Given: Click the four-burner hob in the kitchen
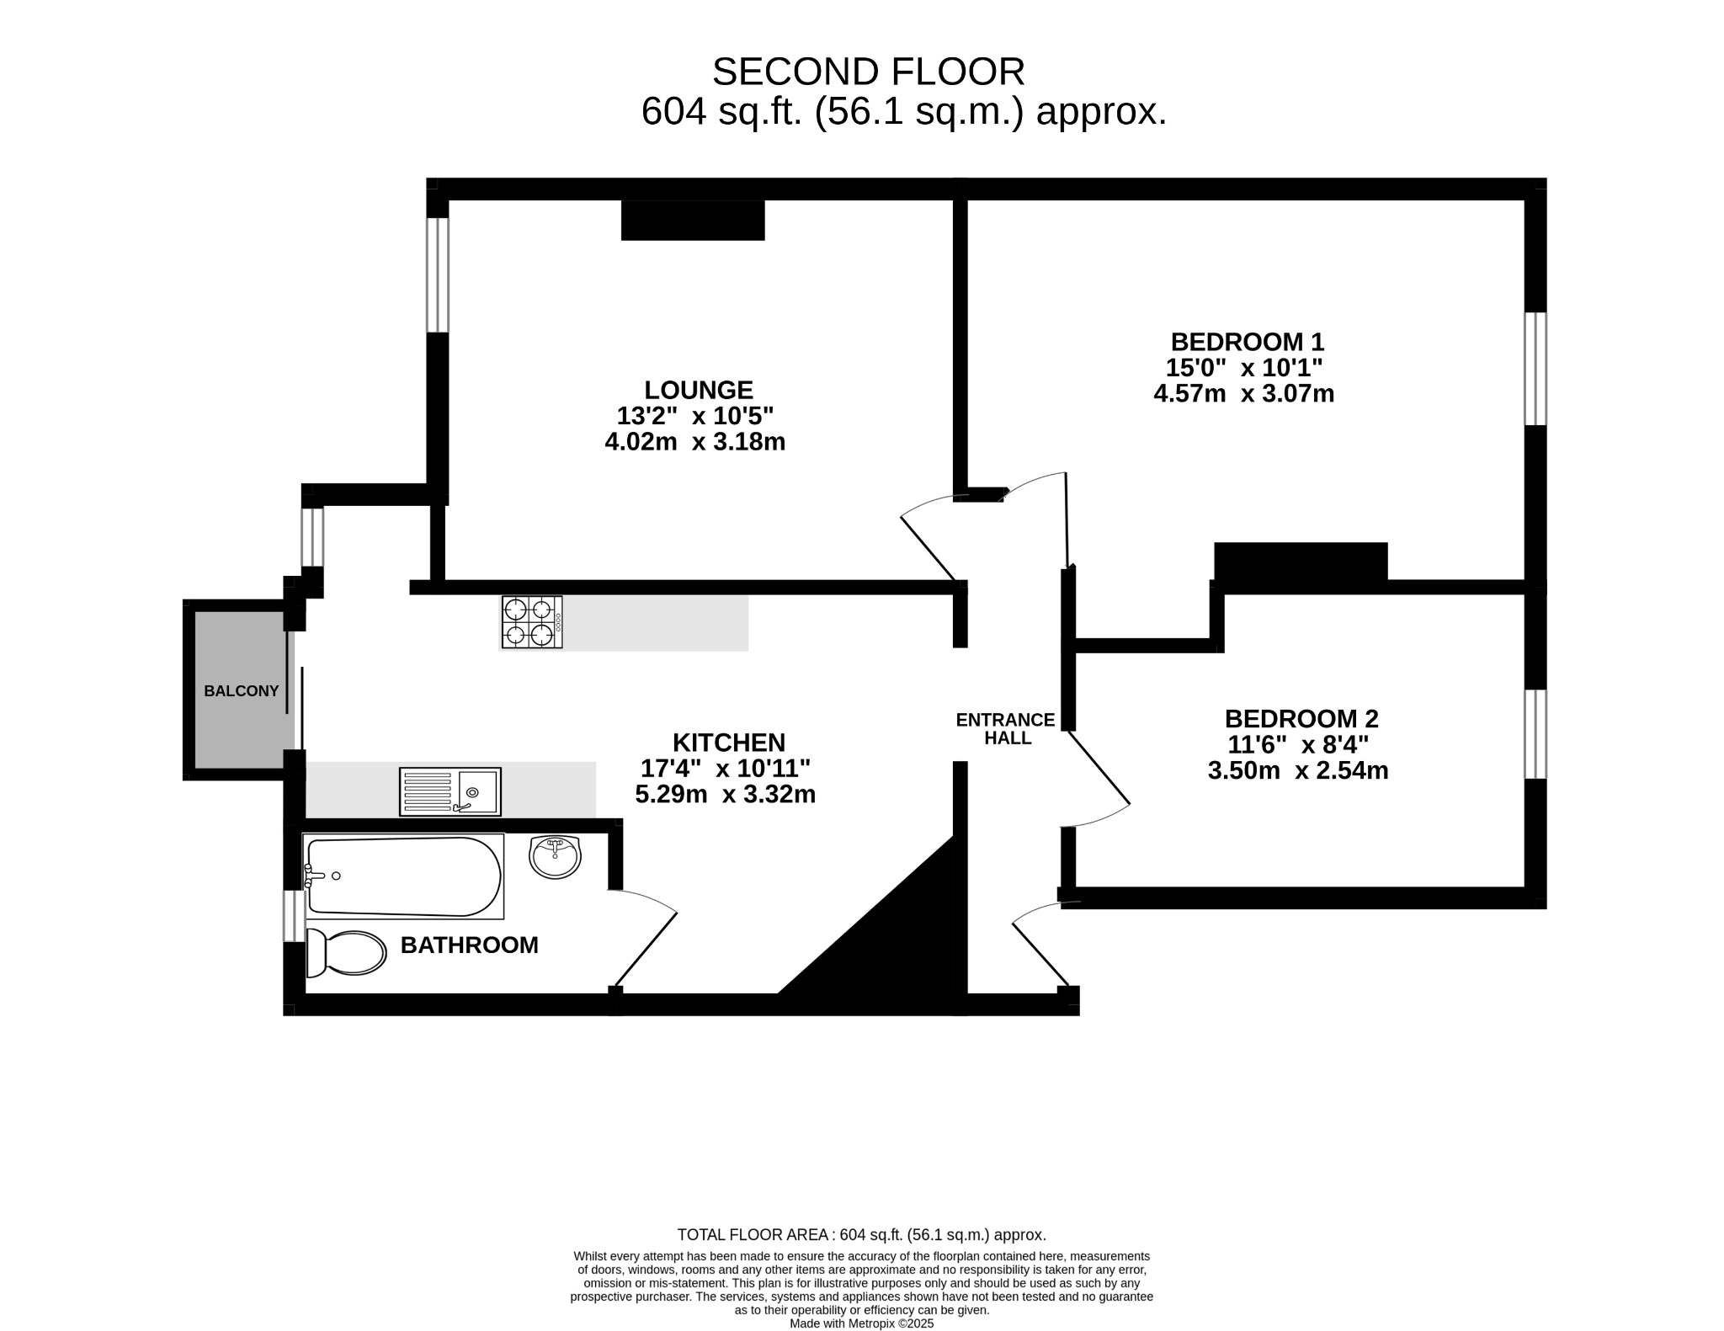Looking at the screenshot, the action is (532, 621).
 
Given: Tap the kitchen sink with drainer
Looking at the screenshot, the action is (450, 791).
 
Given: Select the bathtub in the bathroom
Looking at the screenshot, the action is (403, 876).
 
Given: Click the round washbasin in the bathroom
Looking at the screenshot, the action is (555, 857).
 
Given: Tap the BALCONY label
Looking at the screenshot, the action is (241, 691).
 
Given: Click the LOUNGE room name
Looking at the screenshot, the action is (699, 390).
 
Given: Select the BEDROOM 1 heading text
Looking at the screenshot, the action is (1248, 342).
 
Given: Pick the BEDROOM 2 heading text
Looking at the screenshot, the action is (1301, 719).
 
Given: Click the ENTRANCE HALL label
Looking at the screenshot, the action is (1006, 729).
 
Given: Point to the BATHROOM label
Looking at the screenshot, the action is (469, 945).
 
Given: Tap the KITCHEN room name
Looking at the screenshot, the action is (729, 743).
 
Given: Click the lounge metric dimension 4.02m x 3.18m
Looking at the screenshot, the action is (695, 441).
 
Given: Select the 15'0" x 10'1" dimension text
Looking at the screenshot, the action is (1244, 368).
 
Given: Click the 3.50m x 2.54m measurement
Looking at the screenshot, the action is (1298, 770).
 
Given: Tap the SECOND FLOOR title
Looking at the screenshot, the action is (869, 72).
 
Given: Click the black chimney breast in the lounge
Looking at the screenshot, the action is (693, 220).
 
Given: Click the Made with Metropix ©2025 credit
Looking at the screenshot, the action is (862, 1323).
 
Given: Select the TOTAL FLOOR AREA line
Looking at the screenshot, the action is (862, 1235).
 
